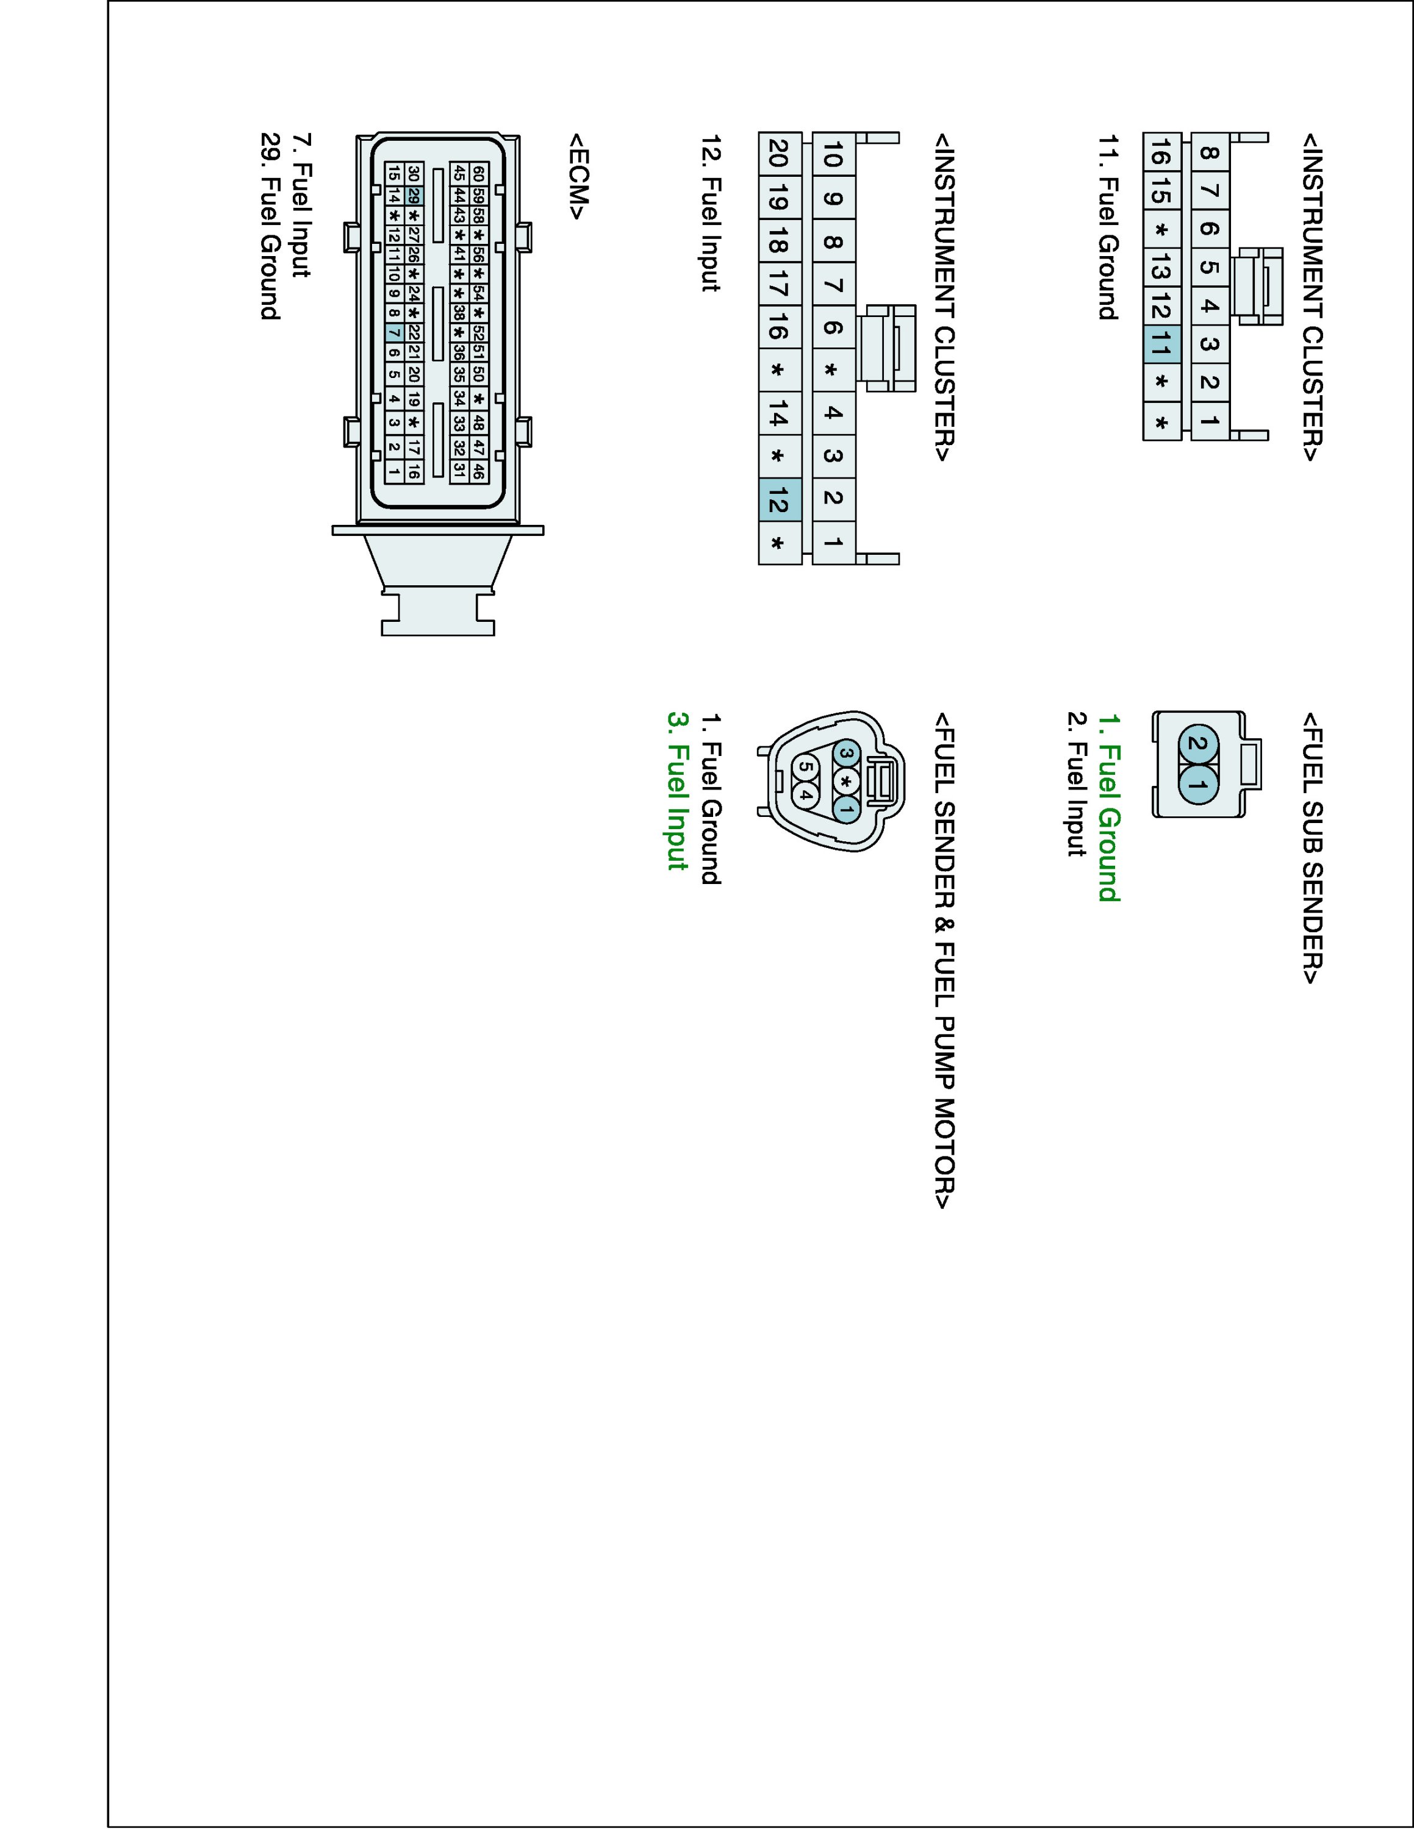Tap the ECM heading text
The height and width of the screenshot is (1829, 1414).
[578, 176]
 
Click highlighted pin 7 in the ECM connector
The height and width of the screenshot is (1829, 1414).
[393, 332]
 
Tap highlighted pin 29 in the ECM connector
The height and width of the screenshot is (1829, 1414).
[414, 196]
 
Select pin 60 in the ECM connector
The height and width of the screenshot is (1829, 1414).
[478, 173]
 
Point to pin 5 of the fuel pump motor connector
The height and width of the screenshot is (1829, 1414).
[805, 765]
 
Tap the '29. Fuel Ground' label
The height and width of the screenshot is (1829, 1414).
[270, 226]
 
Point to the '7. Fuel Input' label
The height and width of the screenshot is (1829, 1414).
[301, 205]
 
